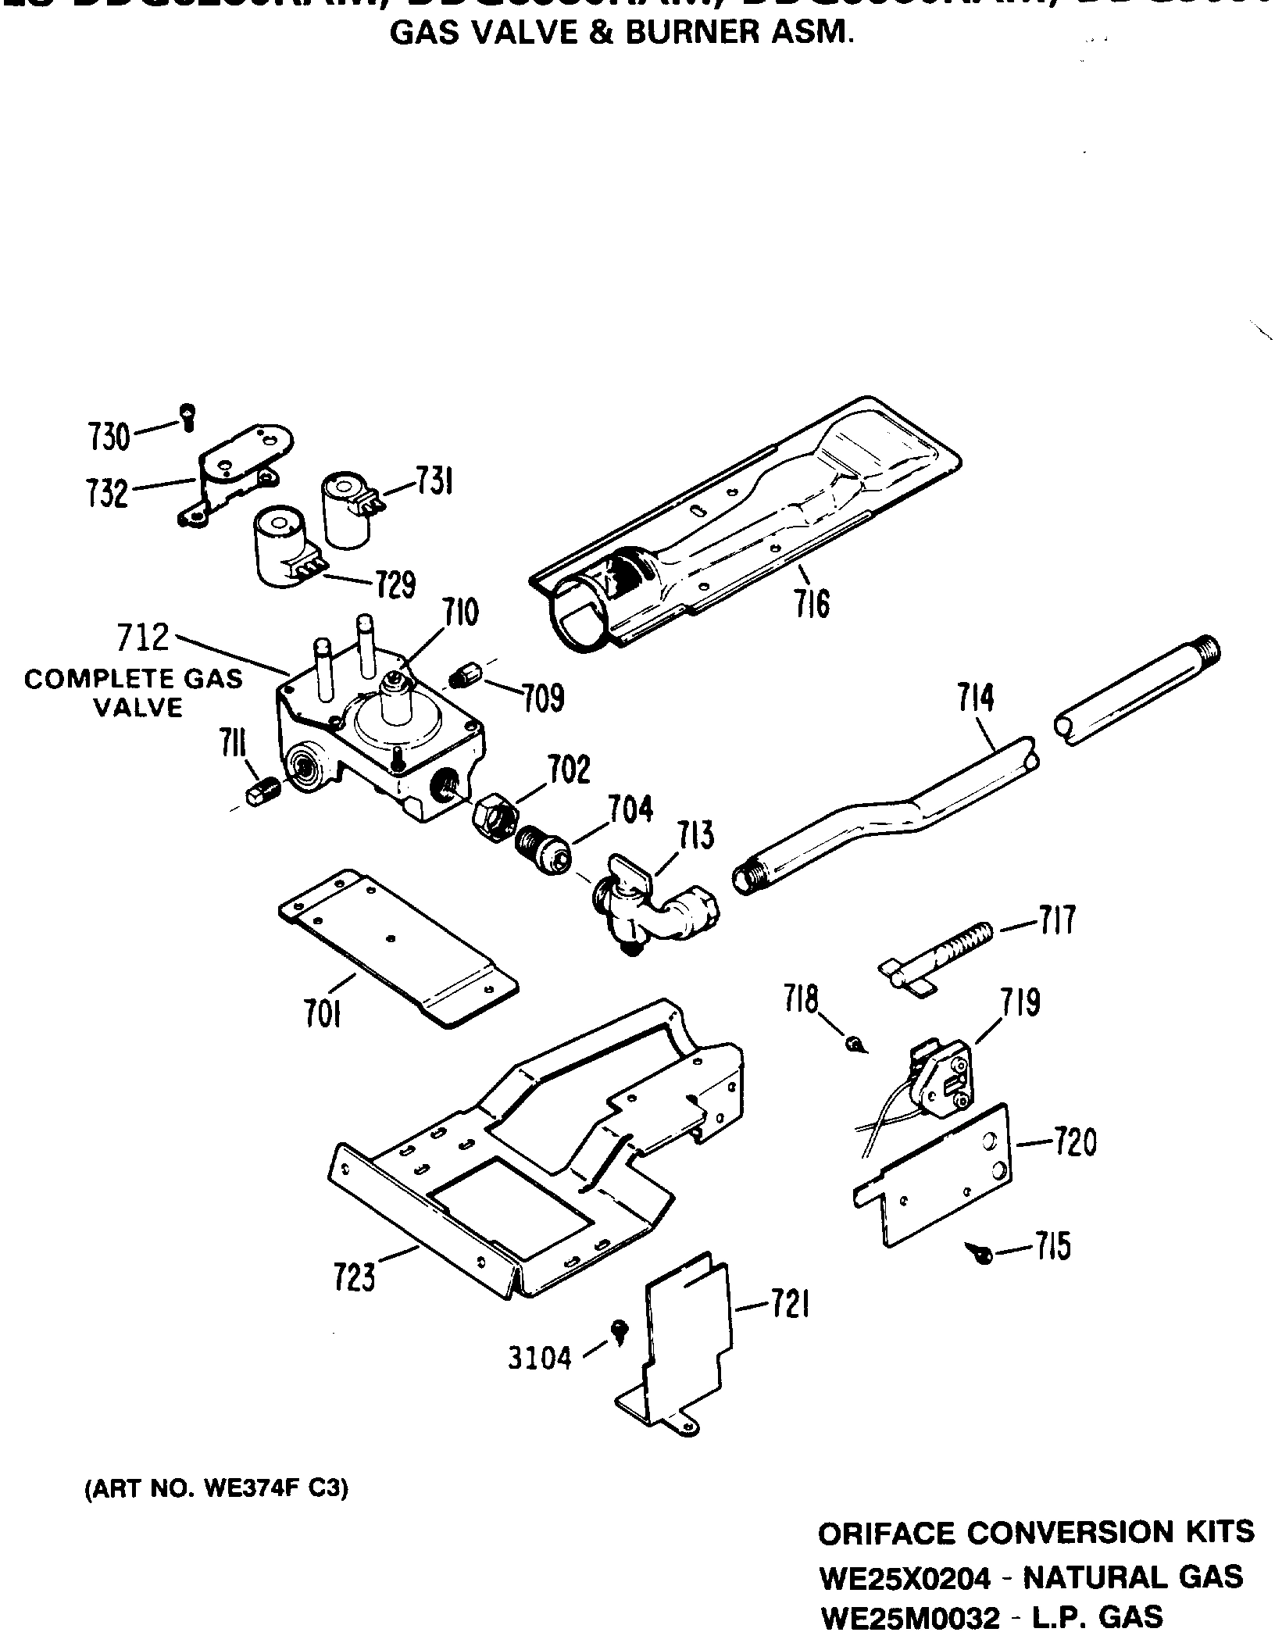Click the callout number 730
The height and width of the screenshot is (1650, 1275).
[109, 437]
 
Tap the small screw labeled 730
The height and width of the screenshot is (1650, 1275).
[187, 416]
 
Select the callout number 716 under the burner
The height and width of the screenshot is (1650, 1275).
[812, 604]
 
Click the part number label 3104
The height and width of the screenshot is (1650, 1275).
[540, 1359]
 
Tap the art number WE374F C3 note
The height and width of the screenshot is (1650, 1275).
[216, 1489]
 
